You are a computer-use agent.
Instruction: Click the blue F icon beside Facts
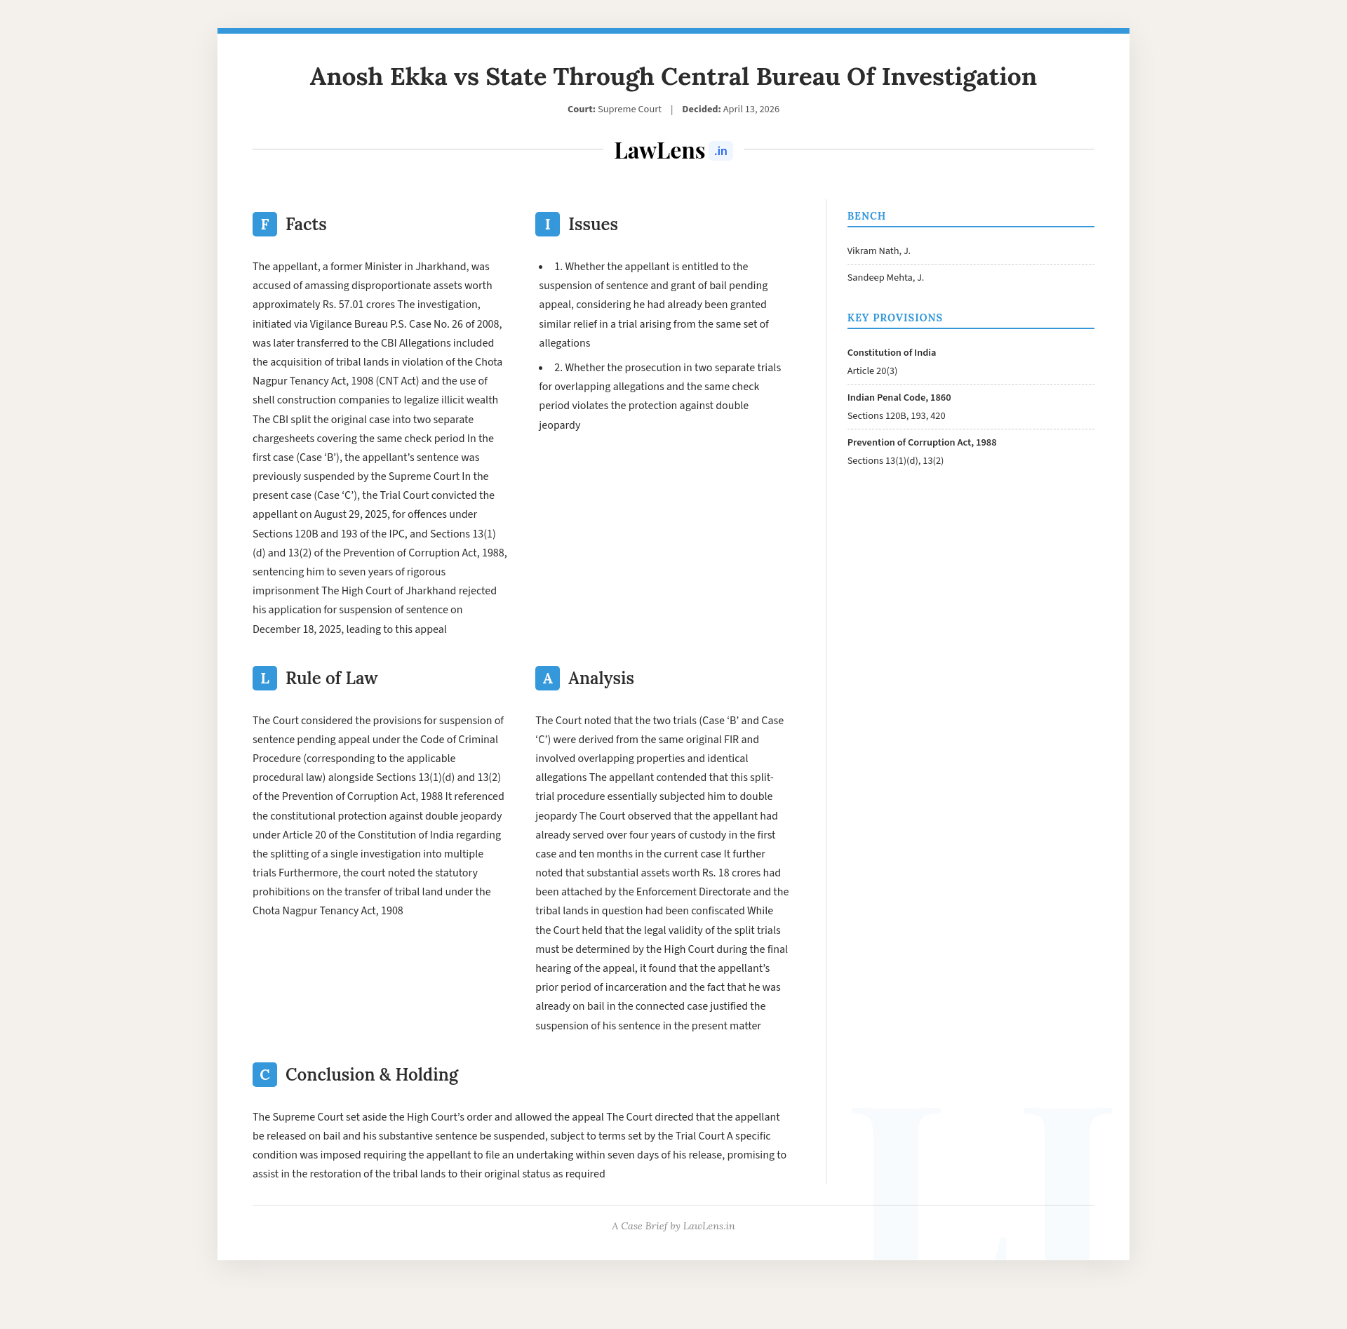coord(264,224)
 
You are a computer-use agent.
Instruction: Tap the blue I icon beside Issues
coord(547,224)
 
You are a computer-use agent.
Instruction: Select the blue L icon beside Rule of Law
coord(264,678)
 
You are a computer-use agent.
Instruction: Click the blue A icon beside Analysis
coord(547,678)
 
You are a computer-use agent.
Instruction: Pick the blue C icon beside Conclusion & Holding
coord(264,1074)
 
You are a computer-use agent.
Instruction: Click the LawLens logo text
coord(659,150)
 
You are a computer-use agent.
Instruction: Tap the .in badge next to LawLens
coord(721,151)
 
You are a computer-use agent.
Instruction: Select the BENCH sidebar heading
coord(866,216)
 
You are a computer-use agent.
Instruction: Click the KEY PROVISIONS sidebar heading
coord(894,318)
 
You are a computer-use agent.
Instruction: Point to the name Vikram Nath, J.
coord(878,251)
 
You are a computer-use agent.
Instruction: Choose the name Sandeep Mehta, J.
coord(885,277)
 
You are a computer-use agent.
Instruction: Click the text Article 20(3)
coord(872,370)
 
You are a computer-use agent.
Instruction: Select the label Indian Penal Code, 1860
coord(899,397)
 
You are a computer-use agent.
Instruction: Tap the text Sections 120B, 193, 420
coord(896,415)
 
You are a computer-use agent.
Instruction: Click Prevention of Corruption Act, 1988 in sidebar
coord(921,442)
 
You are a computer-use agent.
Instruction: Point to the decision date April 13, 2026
coord(751,109)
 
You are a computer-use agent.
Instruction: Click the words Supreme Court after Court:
coord(629,109)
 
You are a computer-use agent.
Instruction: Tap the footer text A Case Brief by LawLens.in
coord(673,1226)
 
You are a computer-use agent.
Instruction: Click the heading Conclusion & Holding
coord(371,1074)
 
